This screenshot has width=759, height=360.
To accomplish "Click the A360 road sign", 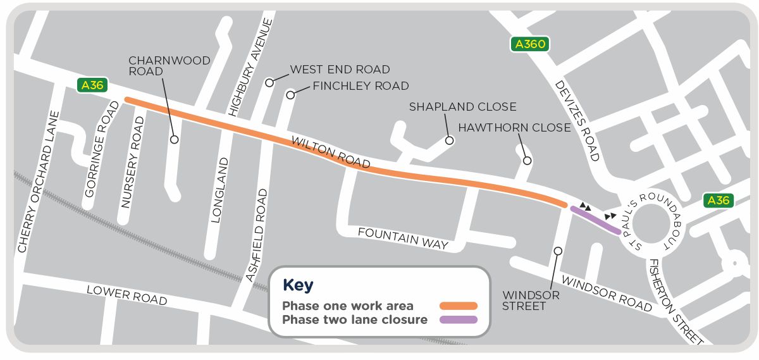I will [x=529, y=44].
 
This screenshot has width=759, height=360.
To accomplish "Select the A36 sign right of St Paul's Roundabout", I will [x=719, y=201].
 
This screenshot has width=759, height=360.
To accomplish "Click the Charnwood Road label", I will [x=170, y=66].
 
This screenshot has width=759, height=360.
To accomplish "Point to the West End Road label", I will [x=340, y=69].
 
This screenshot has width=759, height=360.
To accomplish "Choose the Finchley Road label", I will [x=361, y=85].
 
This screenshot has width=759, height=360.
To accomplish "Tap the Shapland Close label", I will [x=462, y=106].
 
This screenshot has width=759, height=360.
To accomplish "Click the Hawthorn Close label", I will [x=514, y=127].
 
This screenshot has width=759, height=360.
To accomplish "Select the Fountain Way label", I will [x=403, y=239].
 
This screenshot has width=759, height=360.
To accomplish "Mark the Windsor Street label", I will [x=523, y=301].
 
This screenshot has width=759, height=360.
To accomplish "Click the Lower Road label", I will [x=127, y=295].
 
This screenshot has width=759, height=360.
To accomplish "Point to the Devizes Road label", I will [x=577, y=120].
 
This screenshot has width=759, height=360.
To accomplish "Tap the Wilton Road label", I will [x=330, y=152].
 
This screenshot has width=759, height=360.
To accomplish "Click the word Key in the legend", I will [x=297, y=285].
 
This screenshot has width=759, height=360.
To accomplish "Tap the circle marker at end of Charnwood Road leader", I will [x=174, y=139].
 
